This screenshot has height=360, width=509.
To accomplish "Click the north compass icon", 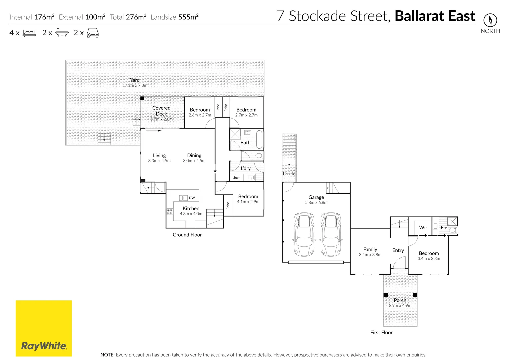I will pos(490,20).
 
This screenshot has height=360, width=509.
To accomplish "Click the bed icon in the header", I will pos(29,33).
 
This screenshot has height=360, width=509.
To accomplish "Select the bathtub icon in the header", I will pos(62,33).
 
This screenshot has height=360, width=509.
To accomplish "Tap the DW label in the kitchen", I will pos(192,198).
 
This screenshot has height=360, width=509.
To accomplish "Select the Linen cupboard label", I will pos(236,178).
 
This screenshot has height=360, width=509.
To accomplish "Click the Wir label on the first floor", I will pos(423,227).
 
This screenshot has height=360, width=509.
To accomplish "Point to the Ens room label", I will pos(444,227).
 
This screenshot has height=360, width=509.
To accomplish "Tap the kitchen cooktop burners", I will pos(170,211).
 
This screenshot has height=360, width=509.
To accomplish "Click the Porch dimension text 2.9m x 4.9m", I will pos(400,305).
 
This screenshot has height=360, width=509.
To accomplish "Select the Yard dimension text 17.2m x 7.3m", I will pos(135,85).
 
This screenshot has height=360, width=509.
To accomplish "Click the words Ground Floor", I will pos(187,235).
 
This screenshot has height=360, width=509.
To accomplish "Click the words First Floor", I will pos(381,332).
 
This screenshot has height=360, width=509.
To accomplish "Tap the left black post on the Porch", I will pos(386,295).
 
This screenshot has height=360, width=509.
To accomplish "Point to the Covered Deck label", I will pos(161,111).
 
